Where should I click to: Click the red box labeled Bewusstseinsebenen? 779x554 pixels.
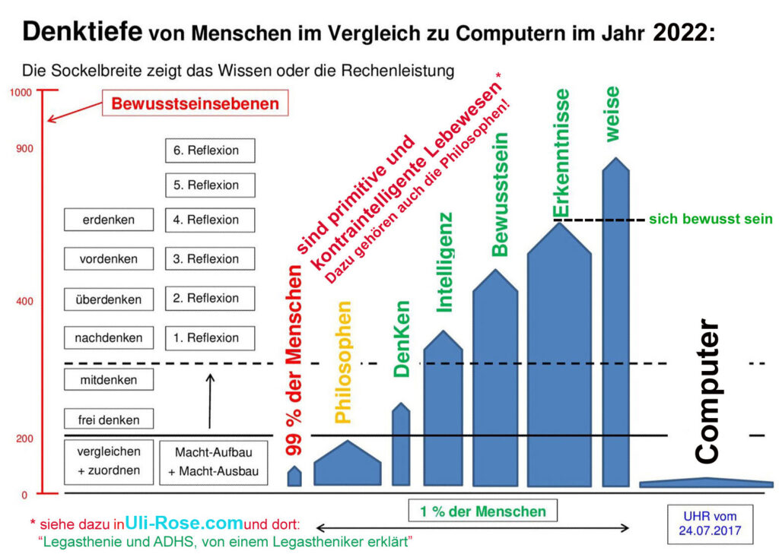(x=196, y=104)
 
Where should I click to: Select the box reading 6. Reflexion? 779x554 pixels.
(x=210, y=150)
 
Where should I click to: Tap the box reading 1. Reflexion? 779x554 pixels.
(x=210, y=337)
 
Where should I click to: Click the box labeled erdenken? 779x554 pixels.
(x=109, y=220)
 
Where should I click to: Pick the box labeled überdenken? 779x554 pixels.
(x=109, y=299)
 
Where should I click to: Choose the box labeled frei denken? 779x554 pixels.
(x=109, y=419)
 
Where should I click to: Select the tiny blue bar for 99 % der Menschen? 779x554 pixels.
(x=294, y=476)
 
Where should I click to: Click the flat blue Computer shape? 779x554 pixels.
(x=706, y=483)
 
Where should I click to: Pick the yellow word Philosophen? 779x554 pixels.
(x=343, y=362)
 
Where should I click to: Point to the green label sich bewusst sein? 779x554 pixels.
(x=711, y=220)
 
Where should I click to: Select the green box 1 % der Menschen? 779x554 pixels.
(x=482, y=511)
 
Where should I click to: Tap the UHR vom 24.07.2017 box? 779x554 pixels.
(x=708, y=524)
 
